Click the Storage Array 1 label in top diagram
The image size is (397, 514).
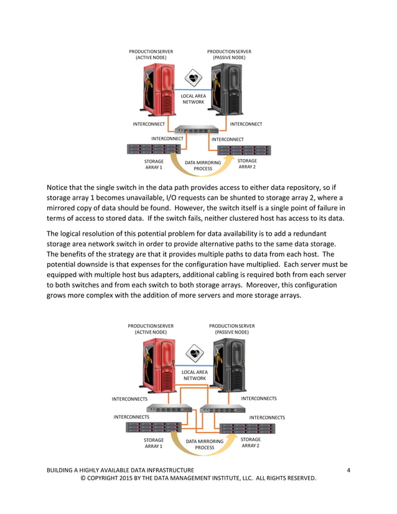pyautogui.click(x=154, y=164)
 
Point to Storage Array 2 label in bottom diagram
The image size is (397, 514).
pyautogui.click(x=250, y=442)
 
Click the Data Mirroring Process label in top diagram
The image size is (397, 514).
pyautogui.click(x=203, y=166)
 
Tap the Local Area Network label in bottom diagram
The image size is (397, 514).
pyautogui.click(x=194, y=375)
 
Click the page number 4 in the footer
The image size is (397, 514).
pyautogui.click(x=348, y=470)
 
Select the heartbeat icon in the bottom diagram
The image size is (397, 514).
pyautogui.click(x=196, y=353)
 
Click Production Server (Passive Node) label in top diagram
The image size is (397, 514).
pyautogui.click(x=229, y=54)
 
